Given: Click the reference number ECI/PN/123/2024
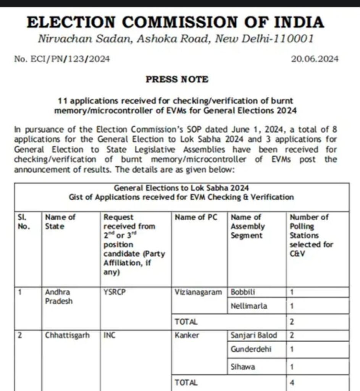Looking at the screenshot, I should pos(62,59).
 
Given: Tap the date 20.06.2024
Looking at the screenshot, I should pos(315,59).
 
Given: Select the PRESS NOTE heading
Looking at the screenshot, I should pos(177,79).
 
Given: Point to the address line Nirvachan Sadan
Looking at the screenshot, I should pos(175,39).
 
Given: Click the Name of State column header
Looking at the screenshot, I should pos(60,221).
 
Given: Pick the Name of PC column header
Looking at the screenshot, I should pos(195,217).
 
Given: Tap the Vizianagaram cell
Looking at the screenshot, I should pos(198,292).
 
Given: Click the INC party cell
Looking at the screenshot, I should pos(110,336).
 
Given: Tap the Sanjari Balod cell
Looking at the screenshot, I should pos(254,336).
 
